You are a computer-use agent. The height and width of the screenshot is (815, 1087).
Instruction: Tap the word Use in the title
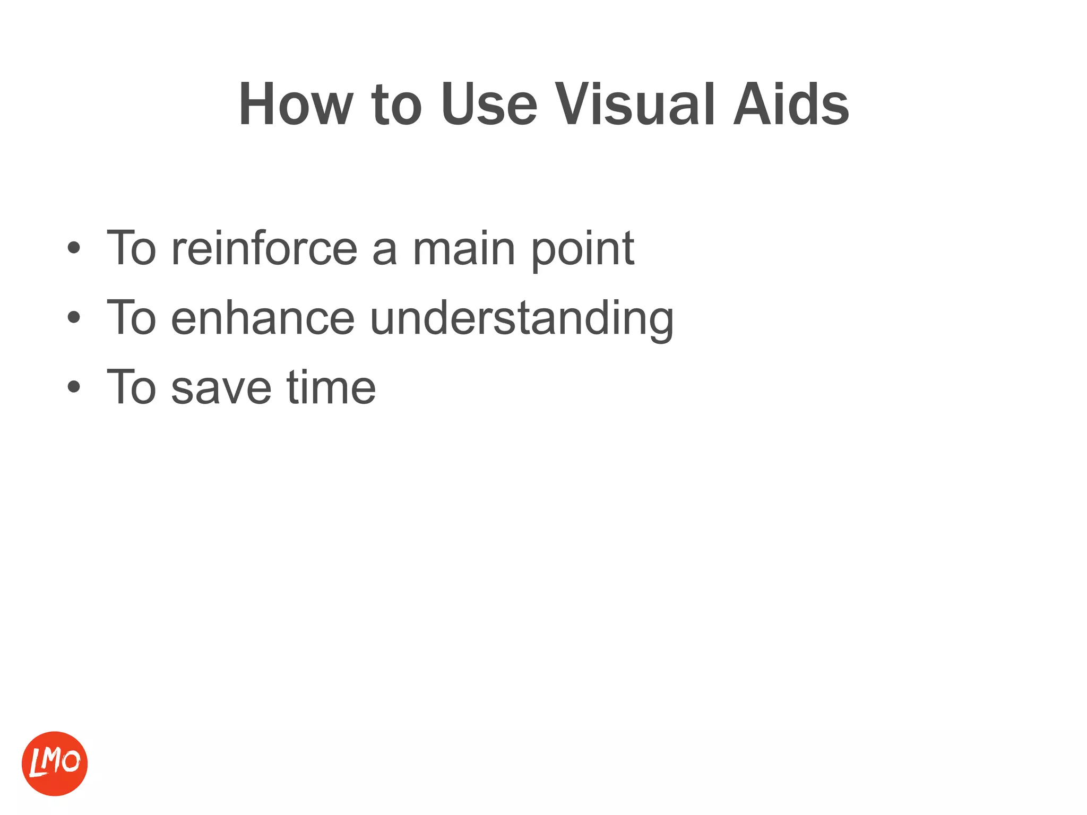tap(488, 105)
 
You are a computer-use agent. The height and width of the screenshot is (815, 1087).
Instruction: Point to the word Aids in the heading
tap(791, 105)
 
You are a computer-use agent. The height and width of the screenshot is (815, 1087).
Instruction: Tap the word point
tap(582, 249)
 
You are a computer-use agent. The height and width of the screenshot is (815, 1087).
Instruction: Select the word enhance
tap(263, 318)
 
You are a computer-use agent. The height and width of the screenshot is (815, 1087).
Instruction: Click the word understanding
tap(521, 319)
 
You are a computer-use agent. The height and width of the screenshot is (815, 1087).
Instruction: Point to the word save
tap(222, 388)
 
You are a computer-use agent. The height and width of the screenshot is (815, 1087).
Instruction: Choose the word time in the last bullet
tap(331, 387)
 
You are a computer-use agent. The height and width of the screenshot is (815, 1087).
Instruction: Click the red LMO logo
tap(55, 764)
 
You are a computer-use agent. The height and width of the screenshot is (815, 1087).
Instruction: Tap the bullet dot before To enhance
tap(74, 318)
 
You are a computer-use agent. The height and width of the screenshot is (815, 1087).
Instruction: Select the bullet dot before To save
tap(74, 387)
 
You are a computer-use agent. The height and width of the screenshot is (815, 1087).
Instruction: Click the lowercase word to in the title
tap(396, 105)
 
